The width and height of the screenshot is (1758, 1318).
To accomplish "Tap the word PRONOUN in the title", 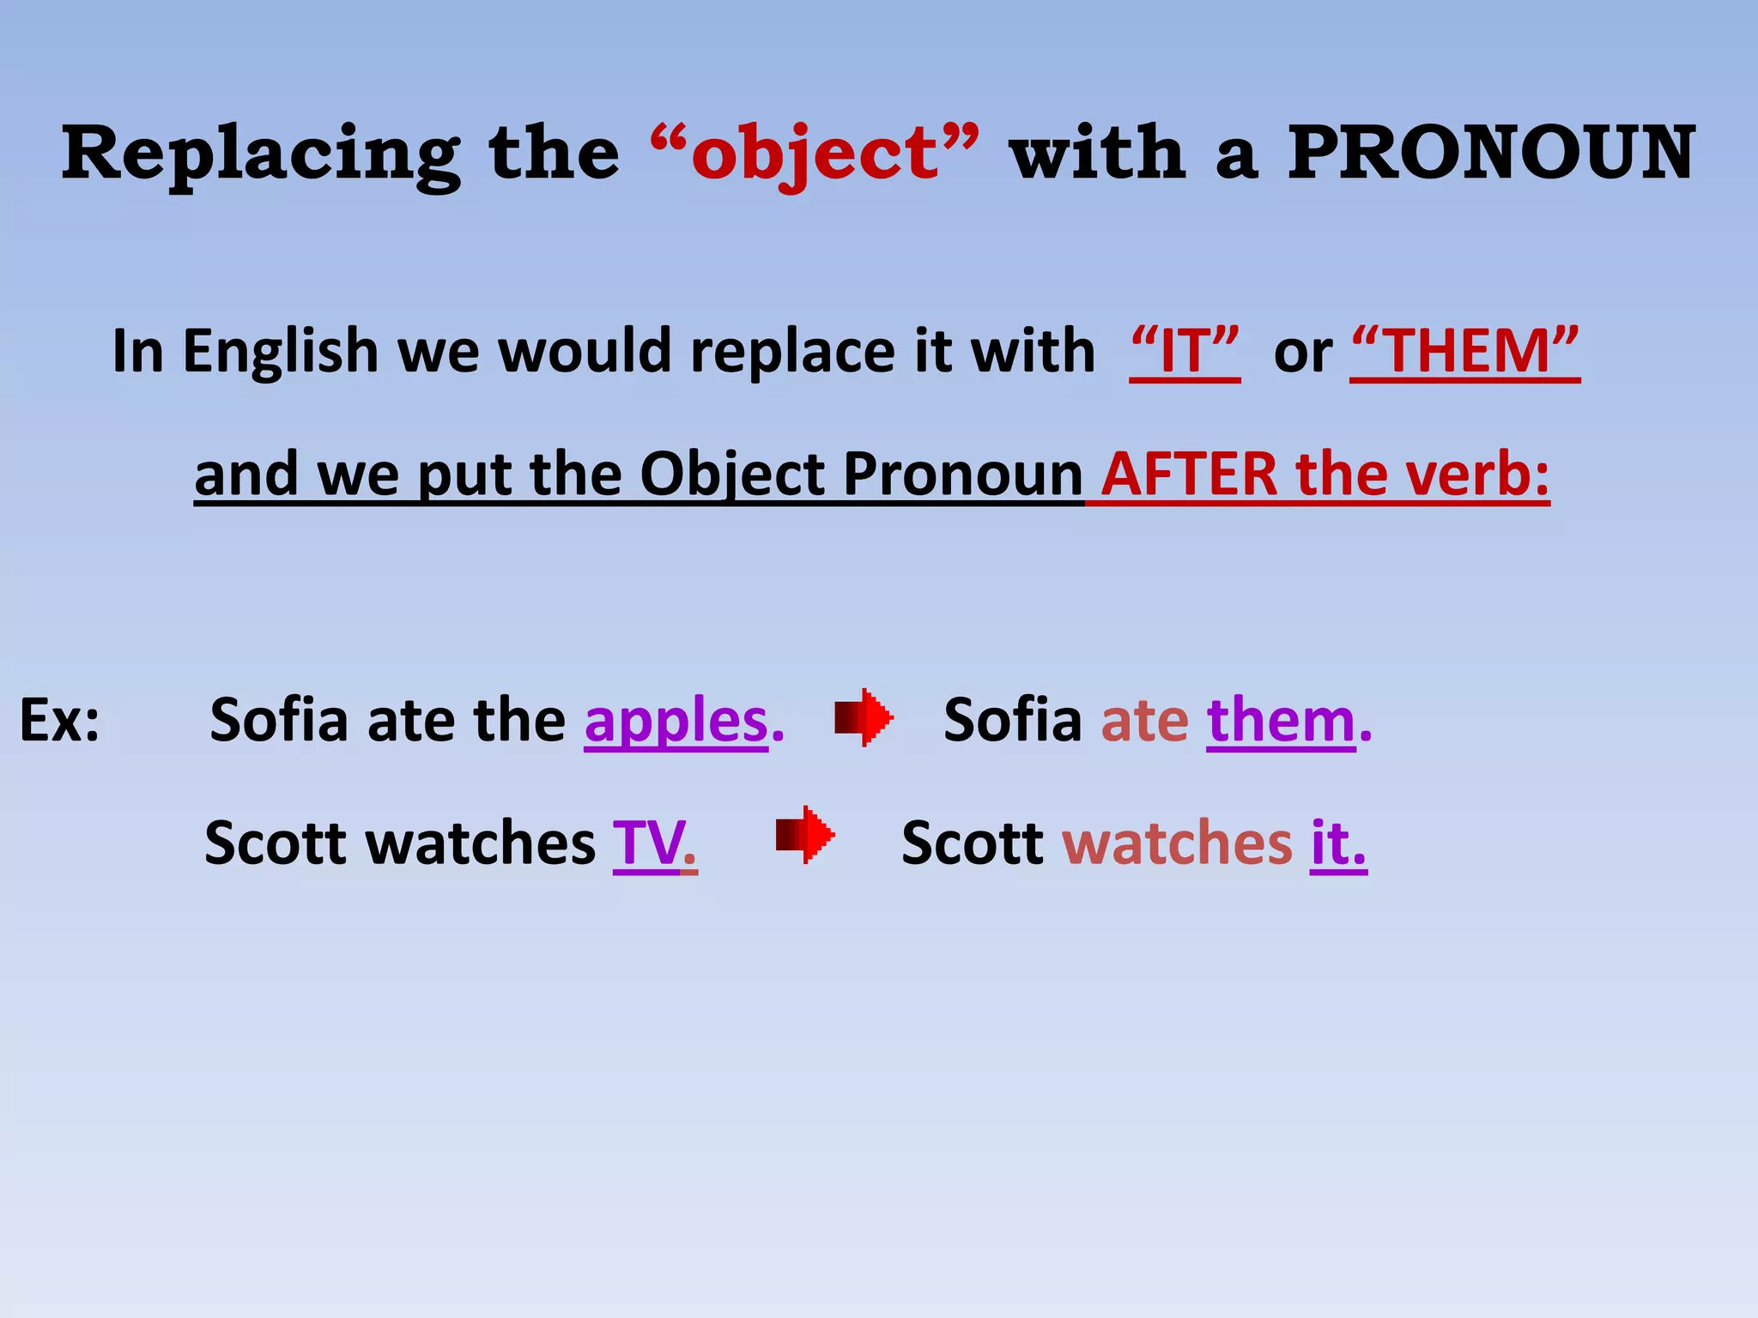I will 1491,154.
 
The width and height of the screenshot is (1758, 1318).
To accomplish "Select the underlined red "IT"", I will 1185,352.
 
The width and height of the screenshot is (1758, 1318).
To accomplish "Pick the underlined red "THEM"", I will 1464,352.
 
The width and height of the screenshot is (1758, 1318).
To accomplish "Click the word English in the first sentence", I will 281,352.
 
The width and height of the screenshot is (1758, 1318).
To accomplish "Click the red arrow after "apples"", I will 864,716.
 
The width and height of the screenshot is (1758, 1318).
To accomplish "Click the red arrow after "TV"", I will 805,834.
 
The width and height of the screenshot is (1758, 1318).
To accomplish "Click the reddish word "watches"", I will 1177,843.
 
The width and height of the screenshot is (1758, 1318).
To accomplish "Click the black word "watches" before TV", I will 481,843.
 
